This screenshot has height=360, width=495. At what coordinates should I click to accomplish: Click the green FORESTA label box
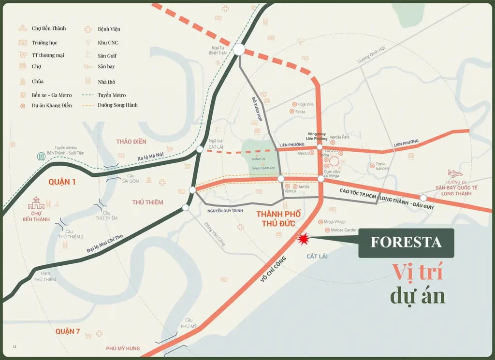pos(406,243)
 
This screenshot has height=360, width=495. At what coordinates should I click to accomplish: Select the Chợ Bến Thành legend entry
pos(48,29)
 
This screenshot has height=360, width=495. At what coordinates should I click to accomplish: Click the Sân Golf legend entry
pos(107,56)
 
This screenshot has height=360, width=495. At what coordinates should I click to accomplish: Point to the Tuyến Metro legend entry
pos(112,95)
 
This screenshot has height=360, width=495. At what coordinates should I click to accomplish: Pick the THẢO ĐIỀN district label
pos(131,142)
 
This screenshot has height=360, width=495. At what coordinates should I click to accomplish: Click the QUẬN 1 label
pos(63,182)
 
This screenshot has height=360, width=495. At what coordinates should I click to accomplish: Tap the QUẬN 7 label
pos(68,331)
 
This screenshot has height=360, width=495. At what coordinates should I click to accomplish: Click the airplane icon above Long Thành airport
pos(455,173)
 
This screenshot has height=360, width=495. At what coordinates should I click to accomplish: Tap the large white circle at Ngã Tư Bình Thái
pos(239,49)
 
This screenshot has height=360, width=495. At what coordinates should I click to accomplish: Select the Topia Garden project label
pos(382,166)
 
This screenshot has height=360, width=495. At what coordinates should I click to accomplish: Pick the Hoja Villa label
pos(306,104)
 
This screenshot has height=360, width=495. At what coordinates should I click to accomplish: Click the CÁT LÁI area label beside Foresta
pos(317,256)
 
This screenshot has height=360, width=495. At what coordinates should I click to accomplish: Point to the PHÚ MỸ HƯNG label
pos(123,348)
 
